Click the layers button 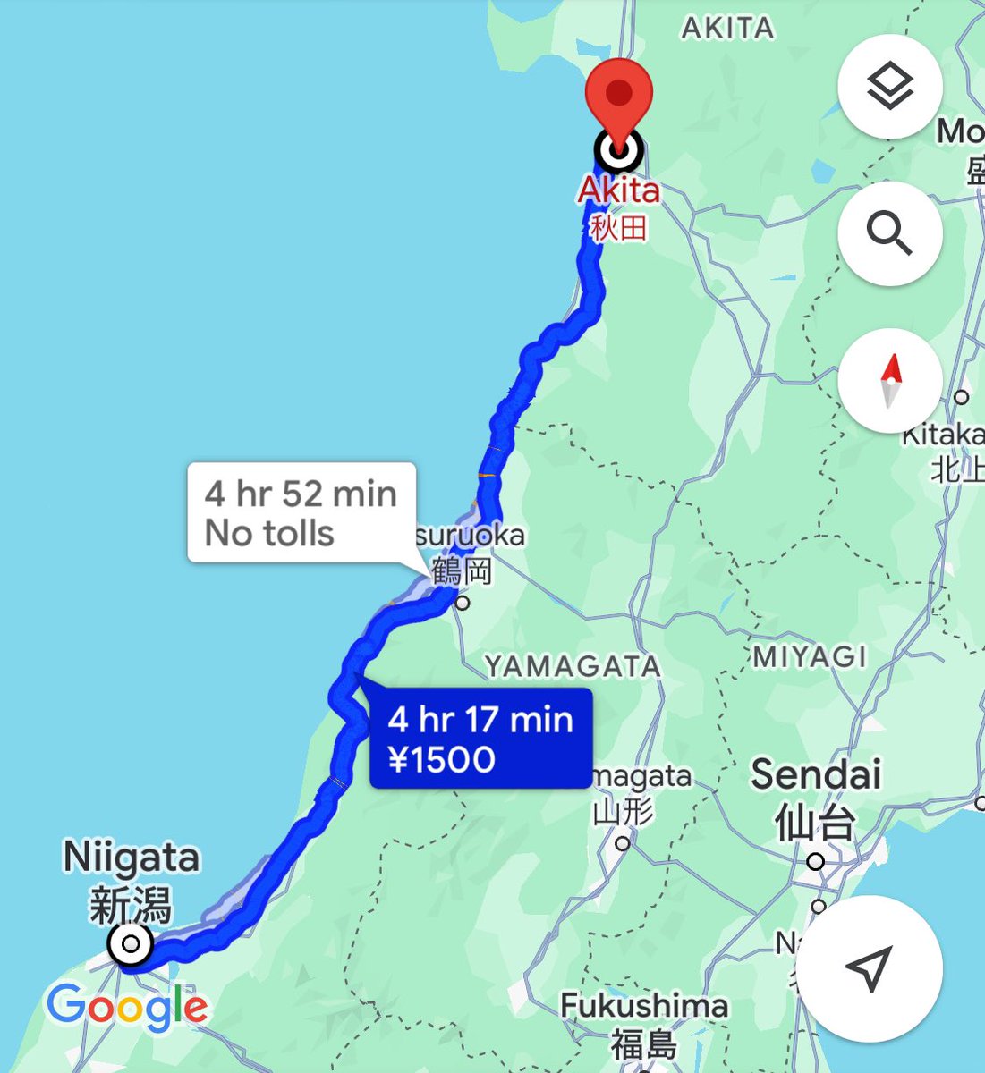point(889,86)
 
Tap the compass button point(889,380)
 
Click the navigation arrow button point(868,967)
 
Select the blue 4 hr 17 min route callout point(480,739)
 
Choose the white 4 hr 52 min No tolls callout point(301,512)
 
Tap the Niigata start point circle point(131,943)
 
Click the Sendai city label point(815,774)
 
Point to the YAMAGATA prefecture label point(573,666)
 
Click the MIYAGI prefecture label point(809,657)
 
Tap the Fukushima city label point(643,1006)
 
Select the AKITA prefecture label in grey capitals point(727,29)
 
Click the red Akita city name point(618,190)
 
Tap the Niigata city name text point(131,858)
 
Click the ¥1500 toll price point(442,760)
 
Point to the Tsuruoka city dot point(462,604)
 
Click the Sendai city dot point(815,862)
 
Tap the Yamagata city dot point(623,842)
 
